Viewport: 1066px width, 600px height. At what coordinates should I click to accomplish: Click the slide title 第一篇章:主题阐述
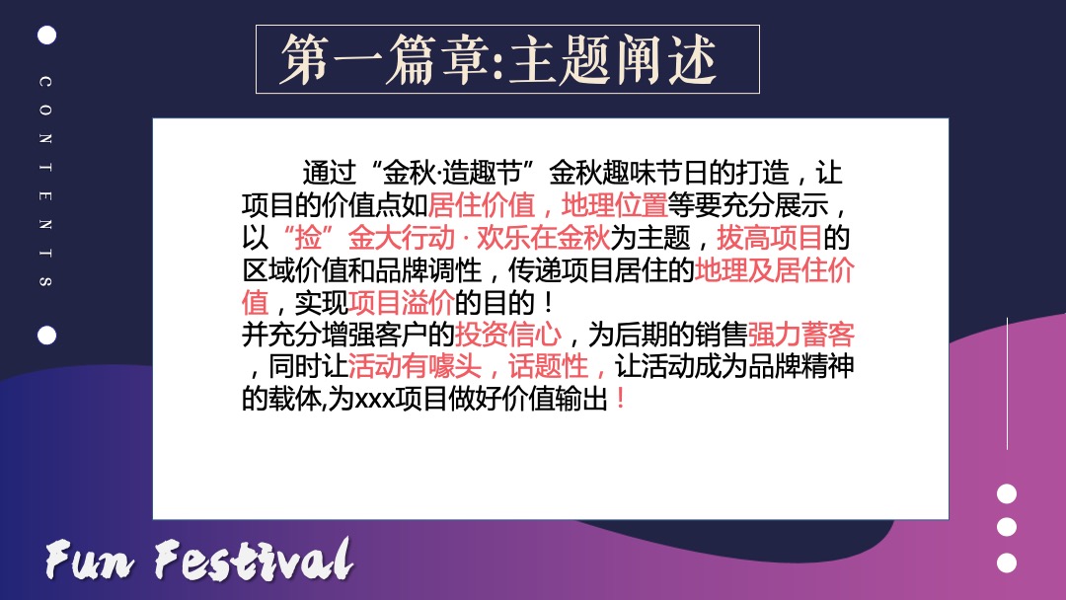(x=498, y=60)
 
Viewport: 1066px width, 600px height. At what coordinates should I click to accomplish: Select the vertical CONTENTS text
(x=45, y=182)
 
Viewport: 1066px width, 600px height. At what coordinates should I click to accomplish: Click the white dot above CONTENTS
(x=46, y=36)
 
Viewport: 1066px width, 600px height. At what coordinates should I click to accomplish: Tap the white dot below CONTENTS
(x=46, y=336)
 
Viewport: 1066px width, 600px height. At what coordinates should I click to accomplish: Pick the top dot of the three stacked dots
(x=1006, y=493)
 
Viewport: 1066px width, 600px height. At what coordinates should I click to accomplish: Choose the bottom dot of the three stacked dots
(x=1006, y=562)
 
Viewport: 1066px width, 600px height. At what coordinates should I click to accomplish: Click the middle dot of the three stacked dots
(x=1006, y=527)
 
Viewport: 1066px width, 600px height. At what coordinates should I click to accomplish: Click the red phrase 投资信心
(x=508, y=335)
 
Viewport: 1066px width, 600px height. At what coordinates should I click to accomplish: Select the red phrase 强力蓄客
(x=800, y=335)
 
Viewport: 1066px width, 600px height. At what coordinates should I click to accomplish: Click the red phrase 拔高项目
(x=769, y=238)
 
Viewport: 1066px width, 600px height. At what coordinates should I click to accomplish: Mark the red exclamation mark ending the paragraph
(x=620, y=400)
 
